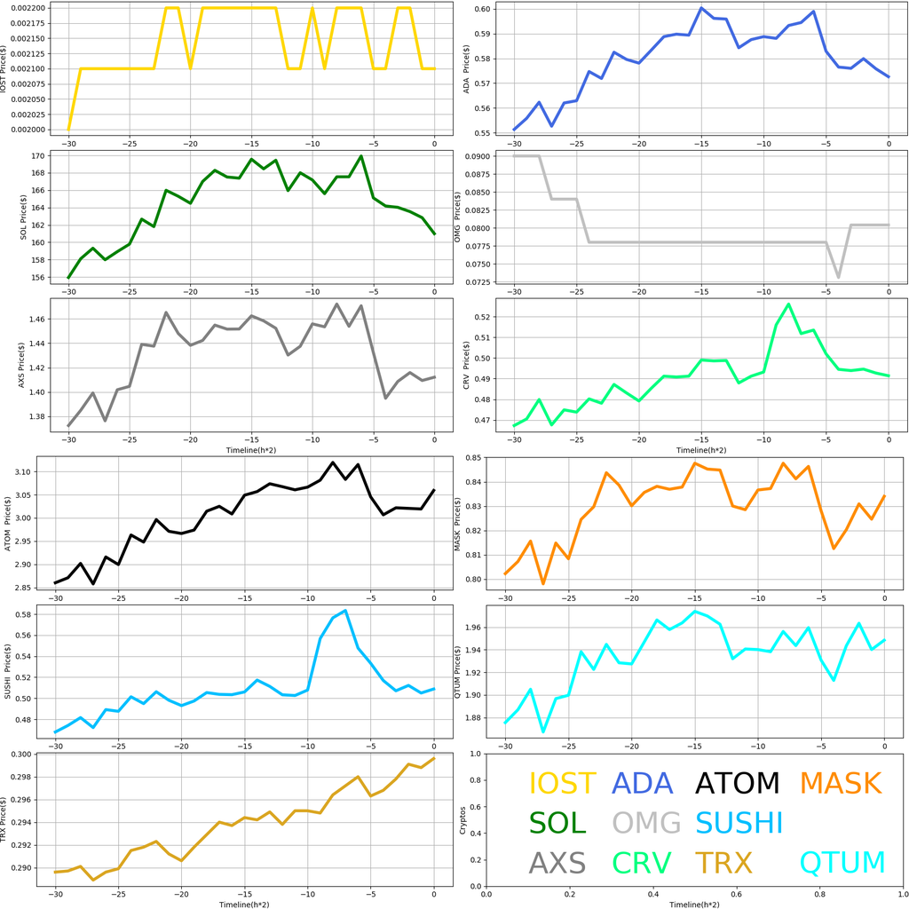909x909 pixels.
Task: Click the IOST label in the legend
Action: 562,783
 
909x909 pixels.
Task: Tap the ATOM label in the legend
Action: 737,783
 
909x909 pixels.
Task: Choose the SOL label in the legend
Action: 557,823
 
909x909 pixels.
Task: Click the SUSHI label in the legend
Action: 739,823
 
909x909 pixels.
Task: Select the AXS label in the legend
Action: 557,863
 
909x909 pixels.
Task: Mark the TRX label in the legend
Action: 723,863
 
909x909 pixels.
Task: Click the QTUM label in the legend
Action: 842,863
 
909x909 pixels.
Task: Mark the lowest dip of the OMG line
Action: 838,278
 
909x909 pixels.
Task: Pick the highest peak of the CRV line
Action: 788,304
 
